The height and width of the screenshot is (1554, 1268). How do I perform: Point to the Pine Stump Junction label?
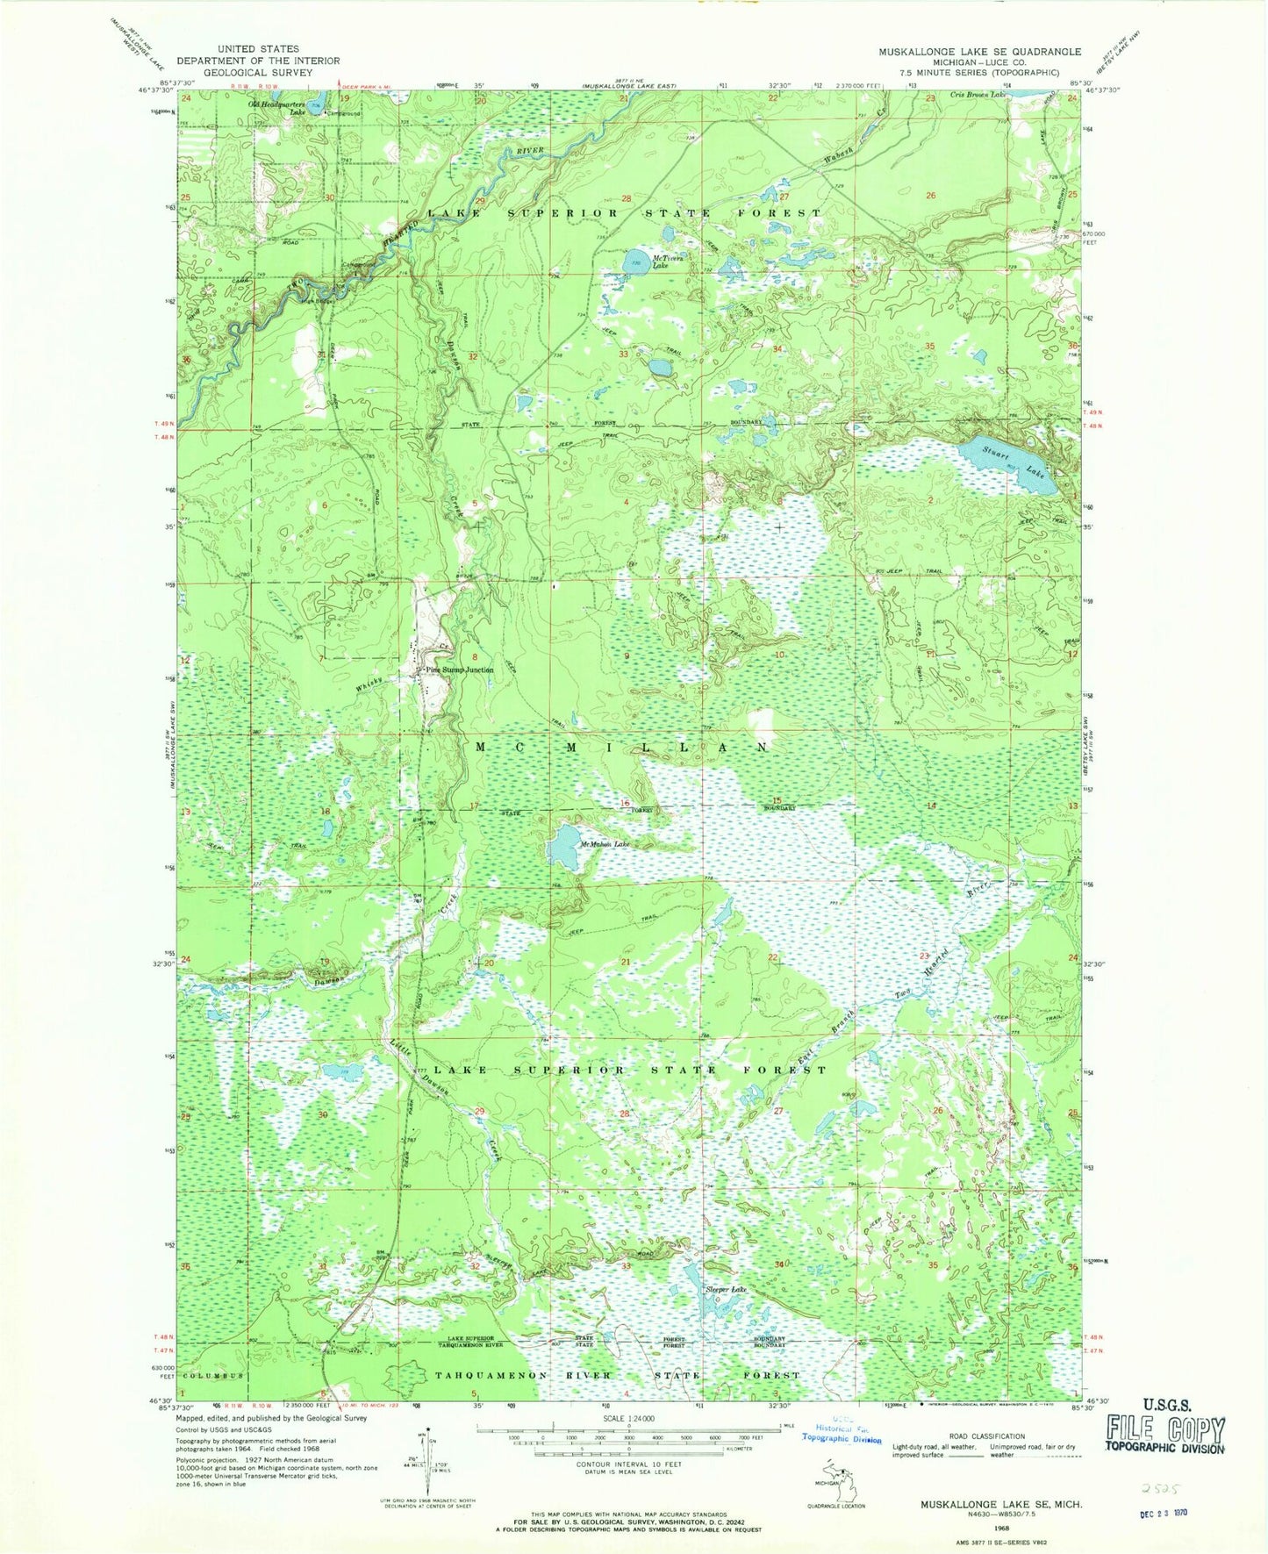coord(459,670)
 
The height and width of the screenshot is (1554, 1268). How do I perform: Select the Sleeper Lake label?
coord(727,1289)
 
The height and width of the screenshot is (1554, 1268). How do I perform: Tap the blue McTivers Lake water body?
coord(635,262)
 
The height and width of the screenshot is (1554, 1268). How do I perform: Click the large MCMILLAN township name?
coord(624,747)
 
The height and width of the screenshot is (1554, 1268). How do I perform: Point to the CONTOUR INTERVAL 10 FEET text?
coord(627,1464)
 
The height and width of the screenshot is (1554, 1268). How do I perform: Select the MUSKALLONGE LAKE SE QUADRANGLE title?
coord(980,52)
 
